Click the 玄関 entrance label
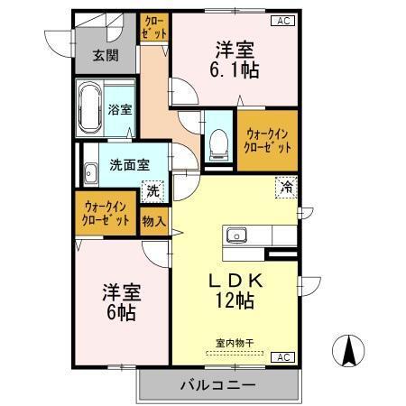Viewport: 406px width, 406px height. [x=105, y=56]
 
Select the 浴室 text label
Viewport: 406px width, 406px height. [x=120, y=111]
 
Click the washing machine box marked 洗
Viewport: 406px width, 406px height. [x=152, y=190]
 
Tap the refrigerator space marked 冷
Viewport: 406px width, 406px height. [x=285, y=189]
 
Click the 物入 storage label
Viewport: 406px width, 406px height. [x=153, y=219]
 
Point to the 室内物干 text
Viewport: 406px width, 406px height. [x=235, y=342]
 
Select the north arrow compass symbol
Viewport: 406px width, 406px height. [x=348, y=350]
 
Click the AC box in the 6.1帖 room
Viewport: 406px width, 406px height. [x=281, y=20]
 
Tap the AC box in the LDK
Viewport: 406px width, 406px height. [x=281, y=358]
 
